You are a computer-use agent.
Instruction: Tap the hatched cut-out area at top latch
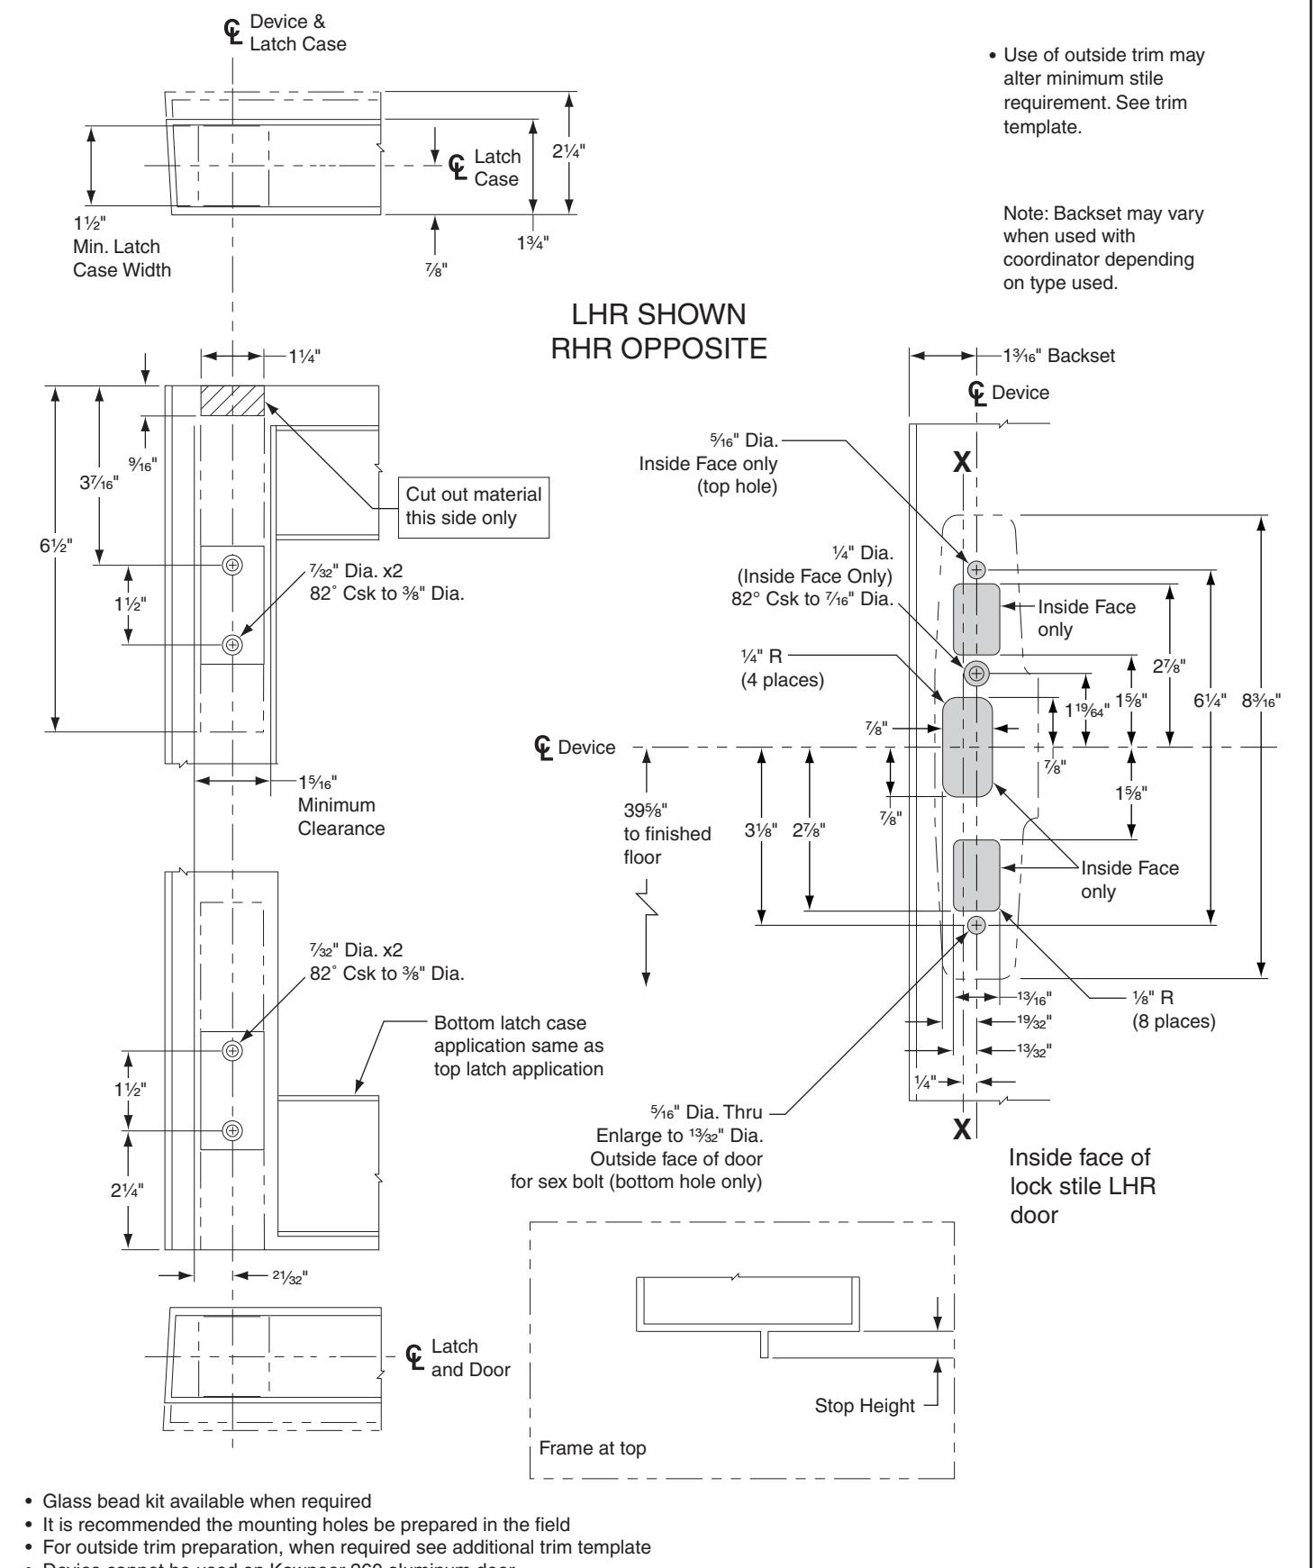232,400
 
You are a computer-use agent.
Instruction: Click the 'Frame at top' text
592,1474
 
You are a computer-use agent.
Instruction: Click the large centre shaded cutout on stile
967,747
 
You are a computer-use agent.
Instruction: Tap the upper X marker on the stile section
962,462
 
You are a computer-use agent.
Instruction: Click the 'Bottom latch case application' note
519,1047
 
